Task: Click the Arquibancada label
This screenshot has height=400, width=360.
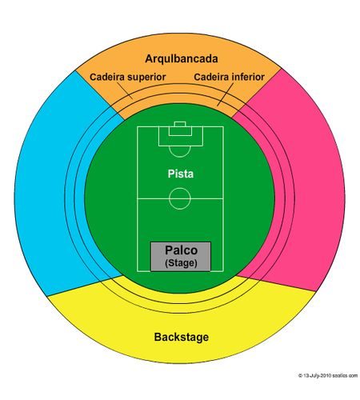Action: coord(182,58)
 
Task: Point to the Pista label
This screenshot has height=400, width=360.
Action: coord(181,174)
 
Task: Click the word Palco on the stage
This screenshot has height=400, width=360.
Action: coord(181,250)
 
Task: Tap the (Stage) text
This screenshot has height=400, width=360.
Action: coord(181,263)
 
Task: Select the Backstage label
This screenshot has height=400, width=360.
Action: coord(182,337)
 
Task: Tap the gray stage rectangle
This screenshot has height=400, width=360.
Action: coord(181,257)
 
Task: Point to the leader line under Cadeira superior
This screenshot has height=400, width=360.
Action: coord(125,90)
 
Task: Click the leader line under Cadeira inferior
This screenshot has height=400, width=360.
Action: coord(226,94)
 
